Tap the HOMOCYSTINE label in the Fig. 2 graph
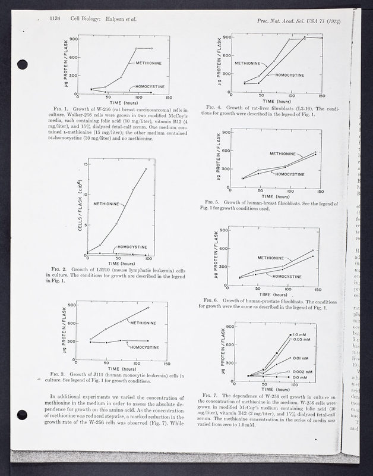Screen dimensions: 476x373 (x=132, y=246)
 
